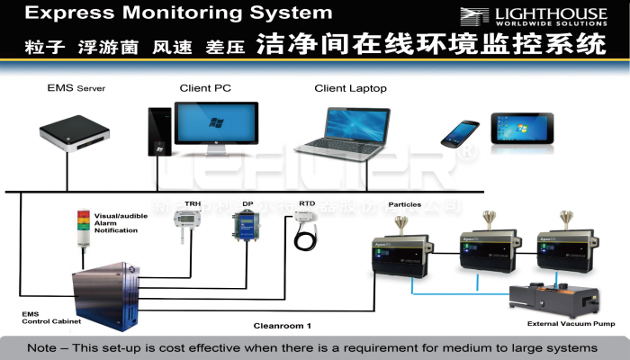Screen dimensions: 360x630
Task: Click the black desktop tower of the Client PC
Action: tap(159, 133)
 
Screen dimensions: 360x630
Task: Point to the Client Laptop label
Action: tap(350, 88)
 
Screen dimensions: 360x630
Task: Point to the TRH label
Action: tap(193, 204)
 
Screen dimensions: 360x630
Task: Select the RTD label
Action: tap(307, 204)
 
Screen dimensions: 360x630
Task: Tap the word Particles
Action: tap(405, 204)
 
